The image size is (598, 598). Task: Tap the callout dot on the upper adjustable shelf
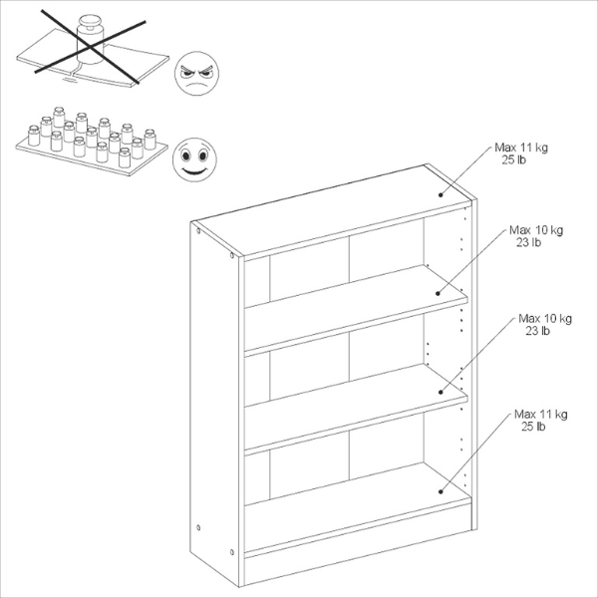(x=439, y=293)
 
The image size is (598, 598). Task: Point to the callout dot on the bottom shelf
(x=440, y=488)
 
